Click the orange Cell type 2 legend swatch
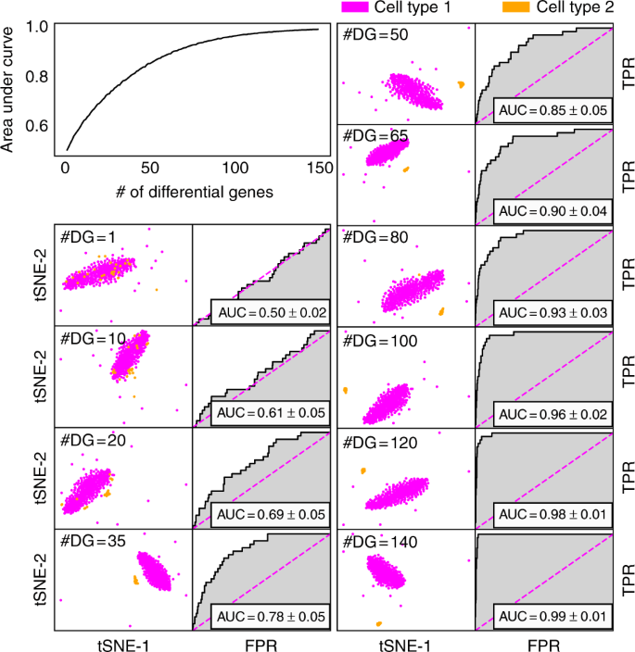pyautogui.click(x=517, y=7)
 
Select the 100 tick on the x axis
pyautogui.click(x=235, y=168)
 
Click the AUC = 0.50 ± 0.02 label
pyautogui.click(x=270, y=312)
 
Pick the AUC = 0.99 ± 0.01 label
pyautogui.click(x=552, y=615)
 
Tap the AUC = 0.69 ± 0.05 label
pyautogui.click(x=270, y=514)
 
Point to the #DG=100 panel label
pyautogui.click(x=376, y=340)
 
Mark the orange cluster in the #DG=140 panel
pyautogui.click(x=377, y=621)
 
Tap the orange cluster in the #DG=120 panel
pyautogui.click(x=363, y=470)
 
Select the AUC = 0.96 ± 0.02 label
pyautogui.click(x=552, y=413)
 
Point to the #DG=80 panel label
pyautogui.click(x=373, y=238)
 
